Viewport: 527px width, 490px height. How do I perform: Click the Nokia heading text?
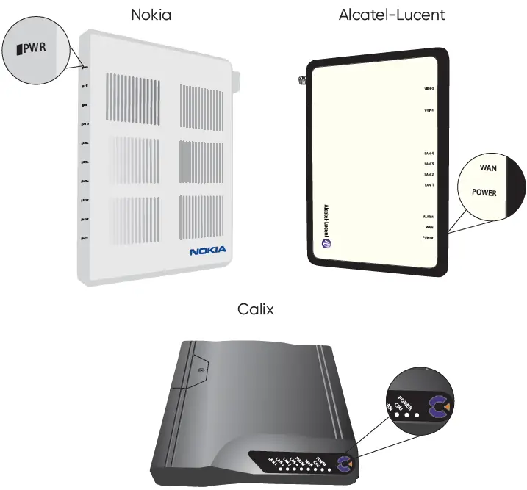[x=151, y=14]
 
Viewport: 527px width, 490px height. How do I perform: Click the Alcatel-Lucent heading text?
[x=392, y=14]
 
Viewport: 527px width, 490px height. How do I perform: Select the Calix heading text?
[x=256, y=309]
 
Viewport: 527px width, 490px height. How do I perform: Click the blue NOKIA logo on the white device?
[x=208, y=251]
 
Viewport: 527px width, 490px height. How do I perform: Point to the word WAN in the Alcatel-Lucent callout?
[x=489, y=168]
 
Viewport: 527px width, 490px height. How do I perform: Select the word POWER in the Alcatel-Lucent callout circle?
[x=484, y=193]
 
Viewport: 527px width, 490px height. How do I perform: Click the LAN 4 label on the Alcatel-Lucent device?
[x=429, y=154]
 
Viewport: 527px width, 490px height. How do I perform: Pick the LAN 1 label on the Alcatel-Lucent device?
[x=429, y=185]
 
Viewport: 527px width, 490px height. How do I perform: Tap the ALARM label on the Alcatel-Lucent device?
[x=429, y=217]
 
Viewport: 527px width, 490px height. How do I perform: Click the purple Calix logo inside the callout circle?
[x=440, y=405]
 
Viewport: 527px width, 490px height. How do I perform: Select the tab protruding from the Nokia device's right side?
[x=236, y=79]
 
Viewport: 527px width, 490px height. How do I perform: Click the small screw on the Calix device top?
[x=201, y=371]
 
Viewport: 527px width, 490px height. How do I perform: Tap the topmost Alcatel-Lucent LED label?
[x=429, y=89]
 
